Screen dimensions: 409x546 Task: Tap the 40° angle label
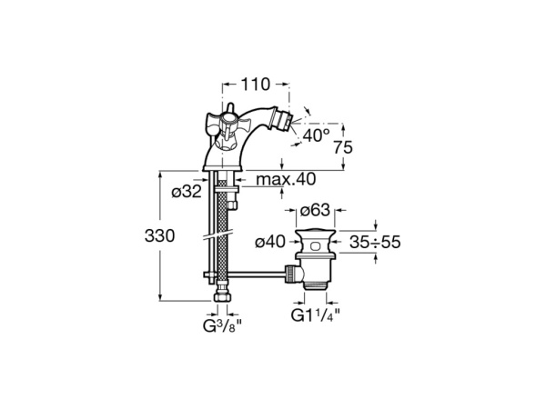pos(317,137)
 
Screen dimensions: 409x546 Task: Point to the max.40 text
pos(287,179)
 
